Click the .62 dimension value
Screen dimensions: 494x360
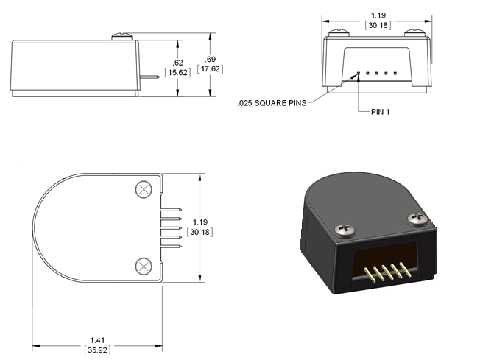click(x=177, y=63)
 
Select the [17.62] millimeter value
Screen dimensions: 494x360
click(x=210, y=68)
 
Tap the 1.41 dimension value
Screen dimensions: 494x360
click(x=97, y=340)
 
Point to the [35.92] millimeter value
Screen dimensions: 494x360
click(x=97, y=350)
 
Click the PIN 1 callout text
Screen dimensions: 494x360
click(x=381, y=112)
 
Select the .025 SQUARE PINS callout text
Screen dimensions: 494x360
click(x=272, y=103)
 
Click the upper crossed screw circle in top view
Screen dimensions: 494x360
click(x=144, y=189)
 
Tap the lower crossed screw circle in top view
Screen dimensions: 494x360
click(x=144, y=267)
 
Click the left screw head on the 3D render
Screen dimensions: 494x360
click(x=345, y=230)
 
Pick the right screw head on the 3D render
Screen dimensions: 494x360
click(x=417, y=219)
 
